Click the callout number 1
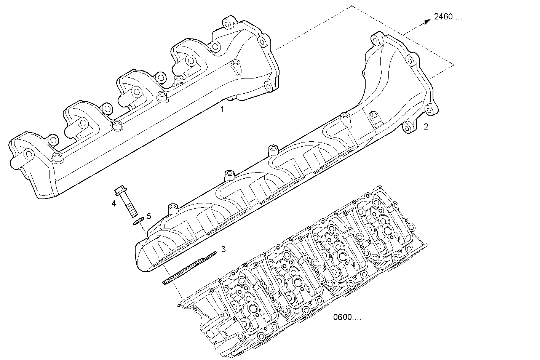[222, 109]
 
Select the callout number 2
[426, 126]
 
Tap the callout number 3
[224, 249]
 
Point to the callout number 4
[113, 204]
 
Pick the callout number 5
[149, 216]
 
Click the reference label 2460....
[447, 17]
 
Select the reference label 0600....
[347, 317]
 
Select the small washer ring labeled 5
[138, 221]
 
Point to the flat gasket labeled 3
[189, 267]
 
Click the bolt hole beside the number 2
[408, 128]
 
